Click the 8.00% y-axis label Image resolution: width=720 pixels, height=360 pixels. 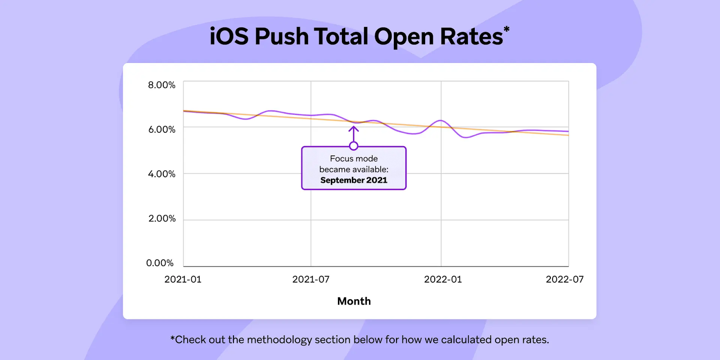[162, 85]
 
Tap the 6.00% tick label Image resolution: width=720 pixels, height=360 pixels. [162, 130]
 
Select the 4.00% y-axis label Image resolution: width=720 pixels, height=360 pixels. [162, 174]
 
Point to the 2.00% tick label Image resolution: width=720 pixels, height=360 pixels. [162, 219]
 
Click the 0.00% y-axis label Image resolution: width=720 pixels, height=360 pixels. [160, 263]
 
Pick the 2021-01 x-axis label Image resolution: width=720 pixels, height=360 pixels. [183, 279]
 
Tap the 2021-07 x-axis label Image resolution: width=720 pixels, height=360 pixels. [311, 279]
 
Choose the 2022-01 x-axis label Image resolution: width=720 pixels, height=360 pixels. [443, 279]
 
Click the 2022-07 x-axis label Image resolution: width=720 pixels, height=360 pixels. [565, 279]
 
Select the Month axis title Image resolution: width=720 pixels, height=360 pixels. [354, 301]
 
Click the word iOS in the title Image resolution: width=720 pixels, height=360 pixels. [229, 36]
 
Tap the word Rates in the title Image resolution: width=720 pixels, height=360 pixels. [471, 36]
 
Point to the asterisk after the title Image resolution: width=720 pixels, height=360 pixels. [507, 29]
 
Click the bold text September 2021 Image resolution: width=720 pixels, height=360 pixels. [354, 180]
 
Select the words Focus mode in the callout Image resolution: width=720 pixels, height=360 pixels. [354, 158]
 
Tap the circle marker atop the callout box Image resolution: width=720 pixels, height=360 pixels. [354, 146]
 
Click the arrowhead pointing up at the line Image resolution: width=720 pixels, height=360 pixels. [354, 129]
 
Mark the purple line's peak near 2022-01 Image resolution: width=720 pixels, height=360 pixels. [441, 121]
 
